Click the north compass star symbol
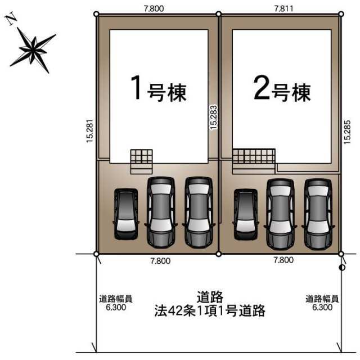33,50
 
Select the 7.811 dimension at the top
283,8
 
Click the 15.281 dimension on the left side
90,131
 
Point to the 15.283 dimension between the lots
214,118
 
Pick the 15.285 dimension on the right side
347,132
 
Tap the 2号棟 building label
282,89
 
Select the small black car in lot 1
126,214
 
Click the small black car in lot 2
245,215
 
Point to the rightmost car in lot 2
318,214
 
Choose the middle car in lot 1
161,213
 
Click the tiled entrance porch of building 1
141,161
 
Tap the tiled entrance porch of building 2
254,161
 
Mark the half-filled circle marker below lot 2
342,268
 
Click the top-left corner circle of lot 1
96,14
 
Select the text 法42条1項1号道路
210,311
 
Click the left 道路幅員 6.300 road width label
116,303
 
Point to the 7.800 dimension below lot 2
283,260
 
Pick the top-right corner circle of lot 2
341,14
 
